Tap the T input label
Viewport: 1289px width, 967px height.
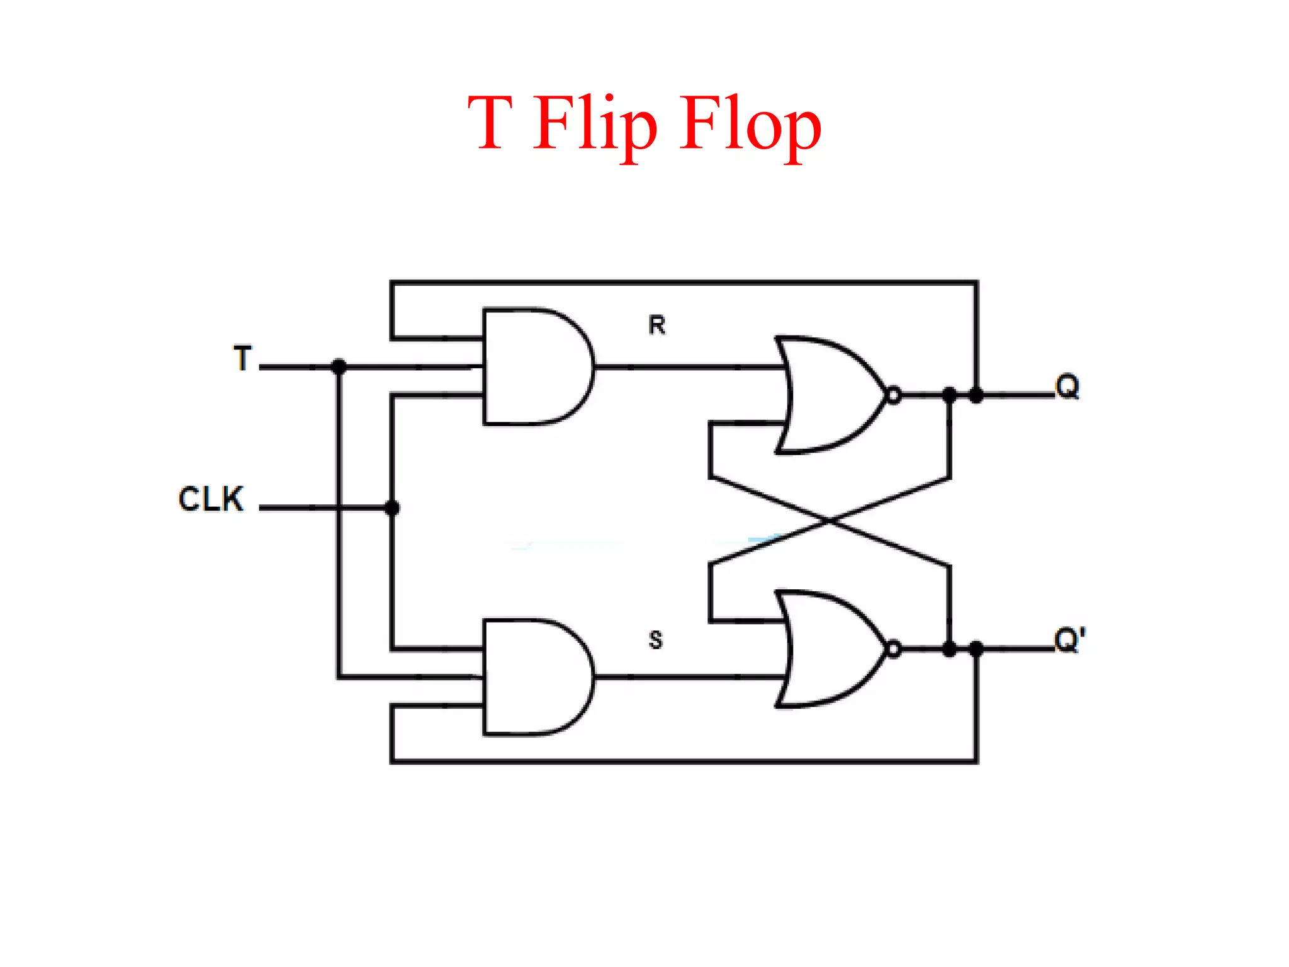pyautogui.click(x=243, y=358)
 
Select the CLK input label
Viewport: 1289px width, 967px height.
pyautogui.click(x=211, y=499)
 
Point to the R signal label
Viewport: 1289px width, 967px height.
pyautogui.click(x=656, y=325)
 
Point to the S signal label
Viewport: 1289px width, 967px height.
pyautogui.click(x=656, y=640)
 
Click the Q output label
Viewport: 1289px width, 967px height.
pyautogui.click(x=1067, y=386)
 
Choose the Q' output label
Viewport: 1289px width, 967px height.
pyautogui.click(x=1070, y=640)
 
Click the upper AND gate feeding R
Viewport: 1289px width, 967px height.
pyautogui.click(x=535, y=366)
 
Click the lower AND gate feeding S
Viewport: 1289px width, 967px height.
pyautogui.click(x=535, y=677)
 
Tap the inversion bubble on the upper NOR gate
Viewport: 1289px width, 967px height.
pyautogui.click(x=893, y=395)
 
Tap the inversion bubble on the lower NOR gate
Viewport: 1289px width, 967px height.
pyautogui.click(x=893, y=649)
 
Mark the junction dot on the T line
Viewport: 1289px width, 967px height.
pyautogui.click(x=339, y=366)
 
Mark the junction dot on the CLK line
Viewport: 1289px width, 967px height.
pyautogui.click(x=392, y=507)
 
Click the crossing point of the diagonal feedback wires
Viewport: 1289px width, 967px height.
pyautogui.click(x=830, y=521)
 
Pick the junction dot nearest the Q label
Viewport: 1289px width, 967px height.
pyautogui.click(x=976, y=395)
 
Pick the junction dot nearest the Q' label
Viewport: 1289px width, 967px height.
pyautogui.click(x=976, y=649)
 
